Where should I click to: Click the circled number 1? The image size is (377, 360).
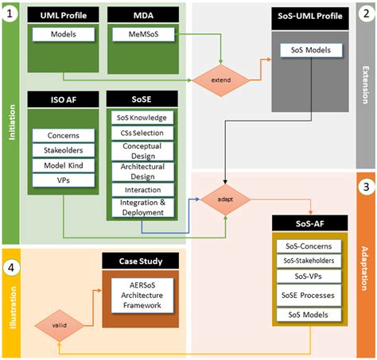point(10,14)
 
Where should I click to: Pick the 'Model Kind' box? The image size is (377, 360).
point(58,165)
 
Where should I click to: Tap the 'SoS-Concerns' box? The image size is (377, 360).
point(313,244)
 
